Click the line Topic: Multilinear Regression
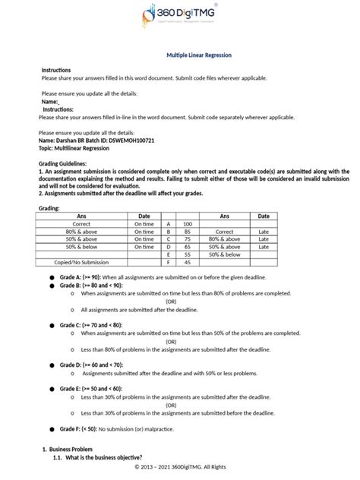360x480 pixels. pos(75,148)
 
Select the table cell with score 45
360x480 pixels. pos(188,263)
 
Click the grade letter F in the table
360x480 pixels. pos(167,263)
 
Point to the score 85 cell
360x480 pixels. pos(188,232)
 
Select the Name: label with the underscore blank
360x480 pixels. pos(51,101)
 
